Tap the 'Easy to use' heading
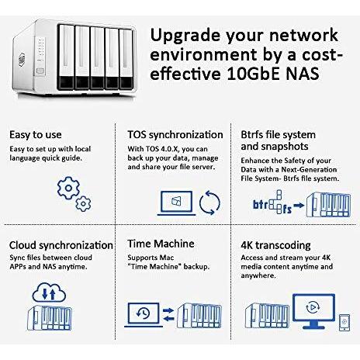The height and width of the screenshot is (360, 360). (36, 135)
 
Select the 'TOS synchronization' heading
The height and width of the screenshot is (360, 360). (175, 135)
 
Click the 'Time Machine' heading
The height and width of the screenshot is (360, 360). (161, 244)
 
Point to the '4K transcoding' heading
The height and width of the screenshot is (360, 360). (275, 245)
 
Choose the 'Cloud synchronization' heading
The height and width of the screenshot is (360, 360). (61, 245)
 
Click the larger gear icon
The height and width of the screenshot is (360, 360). (68, 188)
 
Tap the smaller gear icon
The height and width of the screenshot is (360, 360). (83, 204)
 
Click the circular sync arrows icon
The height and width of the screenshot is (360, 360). (209, 202)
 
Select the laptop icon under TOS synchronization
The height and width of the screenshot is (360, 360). (177, 203)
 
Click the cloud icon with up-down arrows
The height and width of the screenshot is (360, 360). (49, 292)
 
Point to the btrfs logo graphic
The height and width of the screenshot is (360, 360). (272, 202)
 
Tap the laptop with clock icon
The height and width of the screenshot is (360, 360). (144, 315)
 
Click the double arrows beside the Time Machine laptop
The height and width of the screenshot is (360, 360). (168, 315)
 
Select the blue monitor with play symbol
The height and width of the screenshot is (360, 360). (313, 311)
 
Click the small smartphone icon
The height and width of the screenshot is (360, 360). (344, 322)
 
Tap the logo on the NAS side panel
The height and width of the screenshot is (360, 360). (22, 60)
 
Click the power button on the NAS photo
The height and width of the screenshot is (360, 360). (40, 71)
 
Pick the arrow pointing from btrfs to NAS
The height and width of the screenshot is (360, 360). (299, 206)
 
